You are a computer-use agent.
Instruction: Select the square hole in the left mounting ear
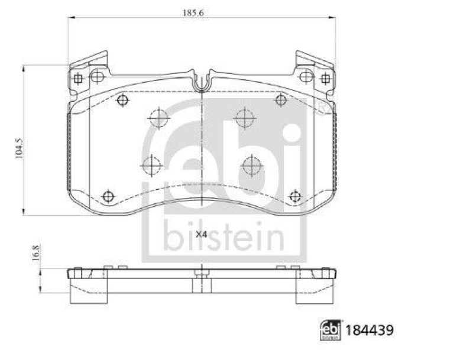point(77,78)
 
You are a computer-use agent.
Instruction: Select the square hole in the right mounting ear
point(325,78)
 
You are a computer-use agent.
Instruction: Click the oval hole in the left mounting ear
point(97,76)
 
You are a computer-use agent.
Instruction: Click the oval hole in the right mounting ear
point(305,76)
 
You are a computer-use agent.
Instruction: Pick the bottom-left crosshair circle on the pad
point(108,196)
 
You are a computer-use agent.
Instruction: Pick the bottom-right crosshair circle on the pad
point(295,196)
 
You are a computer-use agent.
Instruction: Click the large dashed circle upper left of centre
point(158,118)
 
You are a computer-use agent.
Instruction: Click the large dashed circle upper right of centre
point(244,118)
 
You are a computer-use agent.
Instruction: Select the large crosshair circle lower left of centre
point(152,165)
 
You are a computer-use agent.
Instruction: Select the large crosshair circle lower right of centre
point(251,165)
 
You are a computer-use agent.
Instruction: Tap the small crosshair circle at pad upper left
point(122,100)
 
